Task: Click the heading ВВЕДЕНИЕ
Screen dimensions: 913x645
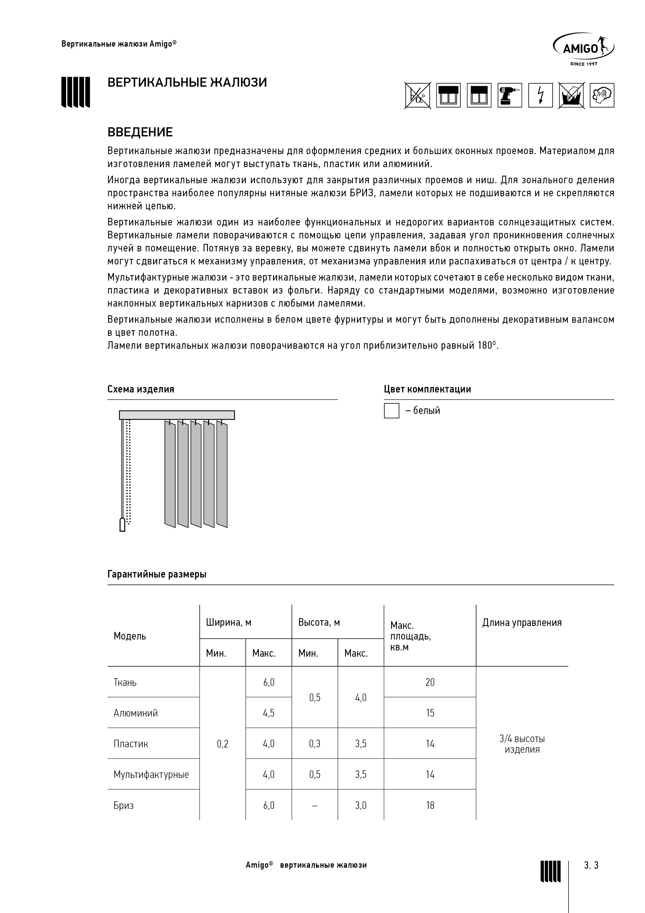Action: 140,132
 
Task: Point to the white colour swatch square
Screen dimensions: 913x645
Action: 391,411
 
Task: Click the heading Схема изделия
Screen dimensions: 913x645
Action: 141,389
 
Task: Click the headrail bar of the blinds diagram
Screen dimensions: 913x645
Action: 177,415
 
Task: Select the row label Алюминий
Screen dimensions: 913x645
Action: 136,713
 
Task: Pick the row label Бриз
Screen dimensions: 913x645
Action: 124,805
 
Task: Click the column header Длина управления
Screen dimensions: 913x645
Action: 522,623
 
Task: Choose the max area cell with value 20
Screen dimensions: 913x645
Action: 430,682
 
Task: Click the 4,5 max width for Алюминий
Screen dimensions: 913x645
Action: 269,713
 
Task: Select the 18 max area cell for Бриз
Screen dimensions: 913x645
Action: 430,805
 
